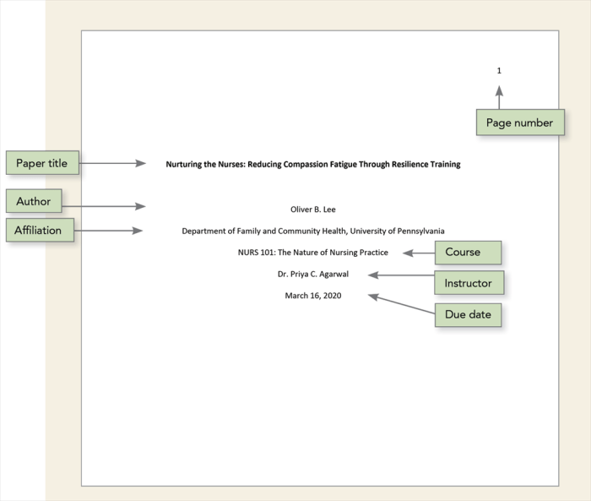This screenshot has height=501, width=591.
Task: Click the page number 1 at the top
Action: (499, 71)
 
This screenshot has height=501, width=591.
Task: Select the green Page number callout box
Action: (519, 123)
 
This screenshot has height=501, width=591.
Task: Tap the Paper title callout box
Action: (42, 163)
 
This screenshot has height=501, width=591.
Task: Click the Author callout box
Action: (34, 201)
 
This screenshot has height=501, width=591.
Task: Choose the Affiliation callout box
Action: (43, 230)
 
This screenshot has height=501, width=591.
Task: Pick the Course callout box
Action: (468, 252)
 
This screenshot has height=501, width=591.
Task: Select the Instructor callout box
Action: (468, 283)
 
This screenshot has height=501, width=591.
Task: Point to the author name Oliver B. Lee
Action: (312, 210)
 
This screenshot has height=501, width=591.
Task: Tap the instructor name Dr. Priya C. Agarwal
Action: (312, 274)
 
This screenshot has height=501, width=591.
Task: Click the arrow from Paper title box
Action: (113, 163)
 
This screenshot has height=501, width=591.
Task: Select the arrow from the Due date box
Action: (400, 304)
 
